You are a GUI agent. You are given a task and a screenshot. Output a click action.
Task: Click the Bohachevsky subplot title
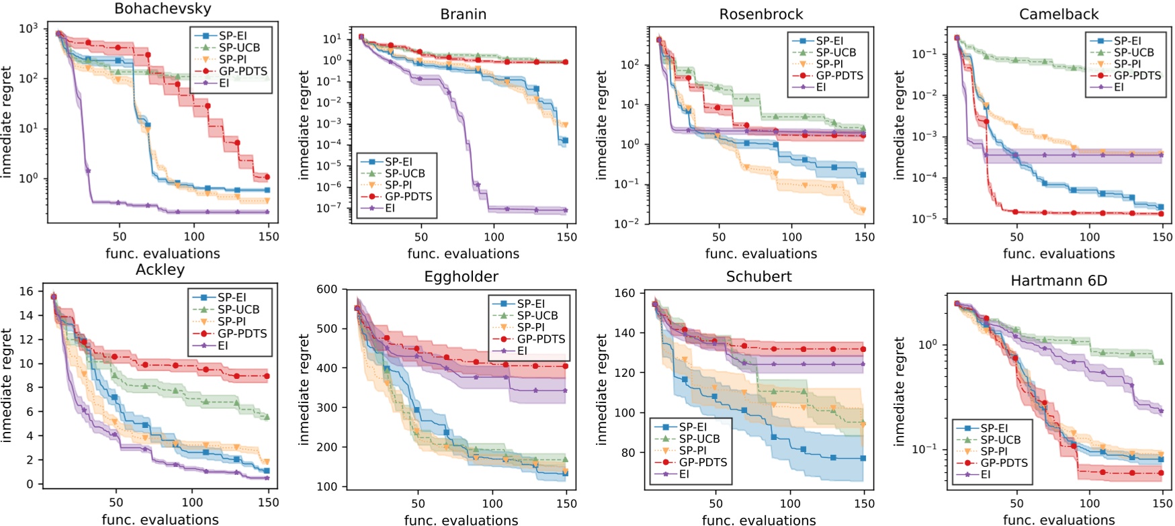pos(163,9)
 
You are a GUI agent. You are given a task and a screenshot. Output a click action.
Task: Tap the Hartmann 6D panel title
pos(1059,281)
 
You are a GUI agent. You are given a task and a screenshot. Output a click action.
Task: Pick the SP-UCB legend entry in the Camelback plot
pos(1133,52)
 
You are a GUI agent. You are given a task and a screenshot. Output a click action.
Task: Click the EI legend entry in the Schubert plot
pos(684,474)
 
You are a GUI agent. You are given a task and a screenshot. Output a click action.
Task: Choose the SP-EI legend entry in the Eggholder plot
pos(531,304)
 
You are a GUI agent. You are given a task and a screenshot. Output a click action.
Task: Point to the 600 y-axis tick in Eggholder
pos(327,290)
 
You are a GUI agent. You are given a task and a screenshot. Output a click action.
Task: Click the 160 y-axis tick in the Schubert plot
pos(625,293)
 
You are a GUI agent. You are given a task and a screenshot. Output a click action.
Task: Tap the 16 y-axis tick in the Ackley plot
pos(26,292)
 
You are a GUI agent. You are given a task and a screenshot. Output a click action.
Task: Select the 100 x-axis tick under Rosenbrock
pos(791,236)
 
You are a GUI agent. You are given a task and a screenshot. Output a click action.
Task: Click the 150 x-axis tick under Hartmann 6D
pos(1162,503)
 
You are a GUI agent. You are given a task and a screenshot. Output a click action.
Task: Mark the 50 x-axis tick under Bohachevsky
pos(120,236)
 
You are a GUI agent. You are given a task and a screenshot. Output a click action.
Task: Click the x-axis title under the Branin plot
pos(464,254)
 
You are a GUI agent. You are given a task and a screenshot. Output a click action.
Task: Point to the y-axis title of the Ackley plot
pos(7,385)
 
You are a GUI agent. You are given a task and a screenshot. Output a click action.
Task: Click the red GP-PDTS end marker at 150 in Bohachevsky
pos(267,177)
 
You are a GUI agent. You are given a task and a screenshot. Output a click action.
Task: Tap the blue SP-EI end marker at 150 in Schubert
pos(863,458)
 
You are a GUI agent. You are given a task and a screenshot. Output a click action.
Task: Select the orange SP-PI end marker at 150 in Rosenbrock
pos(863,211)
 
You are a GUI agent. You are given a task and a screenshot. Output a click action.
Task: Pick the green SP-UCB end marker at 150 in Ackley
pos(267,417)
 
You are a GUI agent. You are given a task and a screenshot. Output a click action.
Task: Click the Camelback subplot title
pos(1059,14)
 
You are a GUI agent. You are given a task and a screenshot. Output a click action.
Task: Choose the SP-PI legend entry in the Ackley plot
pos(231,321)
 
